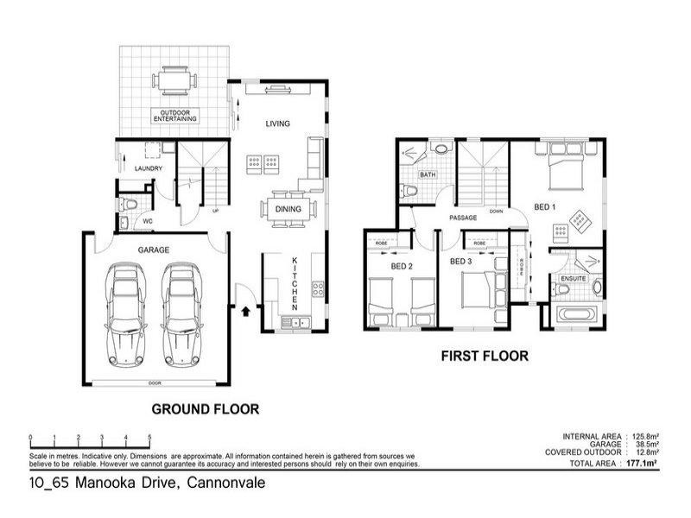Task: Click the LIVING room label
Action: (x=277, y=123)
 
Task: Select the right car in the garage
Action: (x=181, y=313)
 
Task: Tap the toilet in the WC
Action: (x=130, y=205)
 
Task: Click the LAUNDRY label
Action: (x=148, y=168)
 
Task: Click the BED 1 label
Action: (x=544, y=207)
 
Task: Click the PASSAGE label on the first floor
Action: (x=463, y=218)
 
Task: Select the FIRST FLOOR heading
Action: (x=484, y=355)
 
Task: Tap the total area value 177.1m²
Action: (x=645, y=464)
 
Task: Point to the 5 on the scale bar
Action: (x=149, y=437)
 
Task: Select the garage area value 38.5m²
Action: (x=647, y=444)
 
